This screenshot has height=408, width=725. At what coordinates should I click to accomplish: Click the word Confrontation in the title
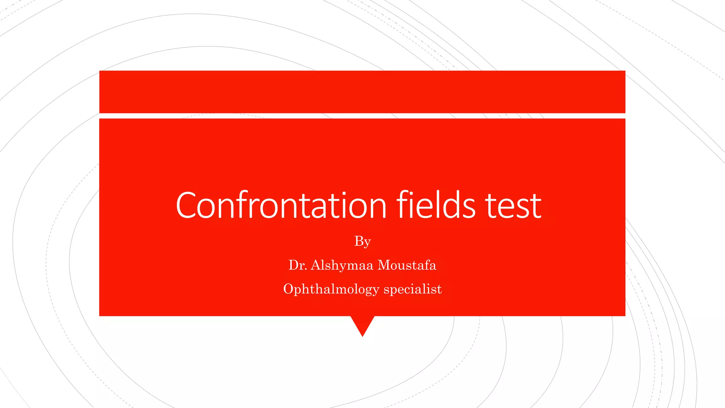click(x=281, y=205)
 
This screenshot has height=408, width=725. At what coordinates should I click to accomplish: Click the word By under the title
click(x=362, y=242)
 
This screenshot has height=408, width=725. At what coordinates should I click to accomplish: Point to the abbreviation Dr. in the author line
click(x=297, y=265)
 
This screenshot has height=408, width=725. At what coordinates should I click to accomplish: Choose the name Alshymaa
click(x=342, y=265)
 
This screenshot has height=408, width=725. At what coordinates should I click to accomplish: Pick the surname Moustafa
click(x=407, y=265)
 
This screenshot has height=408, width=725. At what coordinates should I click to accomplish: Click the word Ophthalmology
click(x=331, y=289)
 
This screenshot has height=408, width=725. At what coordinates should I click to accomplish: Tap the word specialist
click(x=412, y=289)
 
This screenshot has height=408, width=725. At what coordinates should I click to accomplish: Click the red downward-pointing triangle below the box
click(x=362, y=324)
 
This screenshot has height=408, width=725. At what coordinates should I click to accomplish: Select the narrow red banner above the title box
click(x=362, y=92)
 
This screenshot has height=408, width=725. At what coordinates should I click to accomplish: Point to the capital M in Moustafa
click(x=384, y=265)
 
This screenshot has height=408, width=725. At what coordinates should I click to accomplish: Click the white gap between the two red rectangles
click(x=362, y=116)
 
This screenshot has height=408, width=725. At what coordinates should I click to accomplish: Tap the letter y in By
click(x=367, y=243)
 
